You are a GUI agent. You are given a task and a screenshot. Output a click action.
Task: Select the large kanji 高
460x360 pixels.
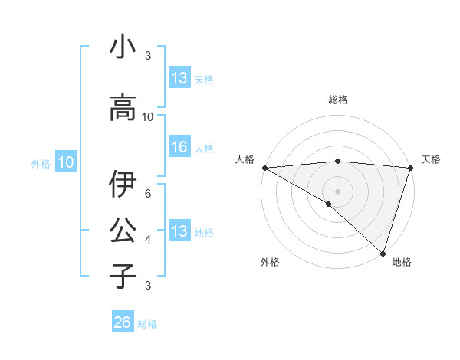pos(123,108)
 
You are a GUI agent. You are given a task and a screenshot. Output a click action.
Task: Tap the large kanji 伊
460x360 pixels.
pos(123,184)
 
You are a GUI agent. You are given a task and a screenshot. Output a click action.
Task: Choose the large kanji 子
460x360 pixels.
pos(123,275)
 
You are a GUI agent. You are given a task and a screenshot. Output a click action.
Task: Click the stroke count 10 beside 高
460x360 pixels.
pos(148,117)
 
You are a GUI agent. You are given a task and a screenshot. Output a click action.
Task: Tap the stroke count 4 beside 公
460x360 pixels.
pos(148,240)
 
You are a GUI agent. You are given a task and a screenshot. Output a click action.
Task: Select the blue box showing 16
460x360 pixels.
pos(179,147)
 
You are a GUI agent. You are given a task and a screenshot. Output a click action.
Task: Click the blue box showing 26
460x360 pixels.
pos(123,322)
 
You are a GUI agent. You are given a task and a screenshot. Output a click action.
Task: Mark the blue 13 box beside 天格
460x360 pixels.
pos(179,77)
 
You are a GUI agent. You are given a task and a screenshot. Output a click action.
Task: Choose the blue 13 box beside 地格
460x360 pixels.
pos(179,231)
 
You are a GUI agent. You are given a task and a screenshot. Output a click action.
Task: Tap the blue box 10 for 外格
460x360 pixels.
pos(66,162)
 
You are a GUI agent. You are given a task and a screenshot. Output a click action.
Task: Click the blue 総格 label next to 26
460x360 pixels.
pos(147,324)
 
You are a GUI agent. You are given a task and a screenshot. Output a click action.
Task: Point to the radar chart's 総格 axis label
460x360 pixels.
pos(337,100)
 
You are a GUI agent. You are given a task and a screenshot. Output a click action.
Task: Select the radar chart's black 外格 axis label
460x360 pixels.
pos(270,262)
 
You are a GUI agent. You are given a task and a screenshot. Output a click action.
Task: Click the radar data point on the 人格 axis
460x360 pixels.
pos(264,168)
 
